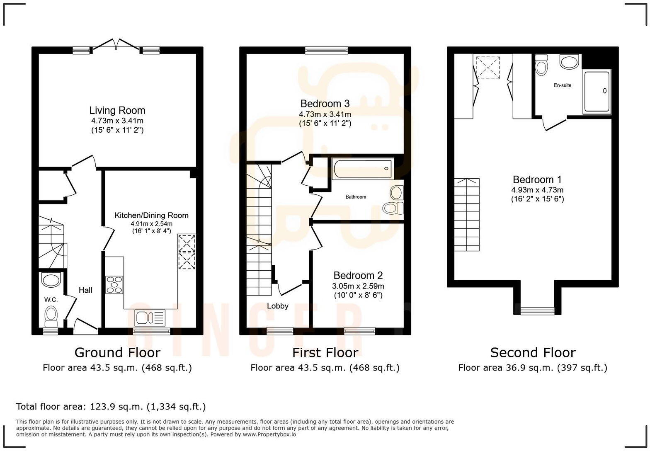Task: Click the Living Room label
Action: (117, 111)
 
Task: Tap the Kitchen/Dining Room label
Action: (151, 216)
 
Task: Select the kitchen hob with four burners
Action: (114, 285)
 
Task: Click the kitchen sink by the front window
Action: (150, 318)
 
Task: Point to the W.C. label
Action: (51, 300)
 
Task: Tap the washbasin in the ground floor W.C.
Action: (51, 280)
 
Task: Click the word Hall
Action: (85, 290)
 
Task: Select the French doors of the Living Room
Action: (116, 45)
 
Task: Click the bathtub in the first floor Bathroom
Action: (362, 169)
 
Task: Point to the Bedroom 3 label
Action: (325, 104)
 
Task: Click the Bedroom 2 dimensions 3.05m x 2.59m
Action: (358, 286)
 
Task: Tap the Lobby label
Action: (277, 306)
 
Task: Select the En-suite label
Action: (563, 85)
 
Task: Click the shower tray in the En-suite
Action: (597, 92)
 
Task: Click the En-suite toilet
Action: (541, 65)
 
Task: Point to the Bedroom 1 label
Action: (537, 180)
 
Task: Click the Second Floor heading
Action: (533, 353)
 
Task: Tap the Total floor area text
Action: (111, 407)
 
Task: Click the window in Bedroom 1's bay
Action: (537, 310)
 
